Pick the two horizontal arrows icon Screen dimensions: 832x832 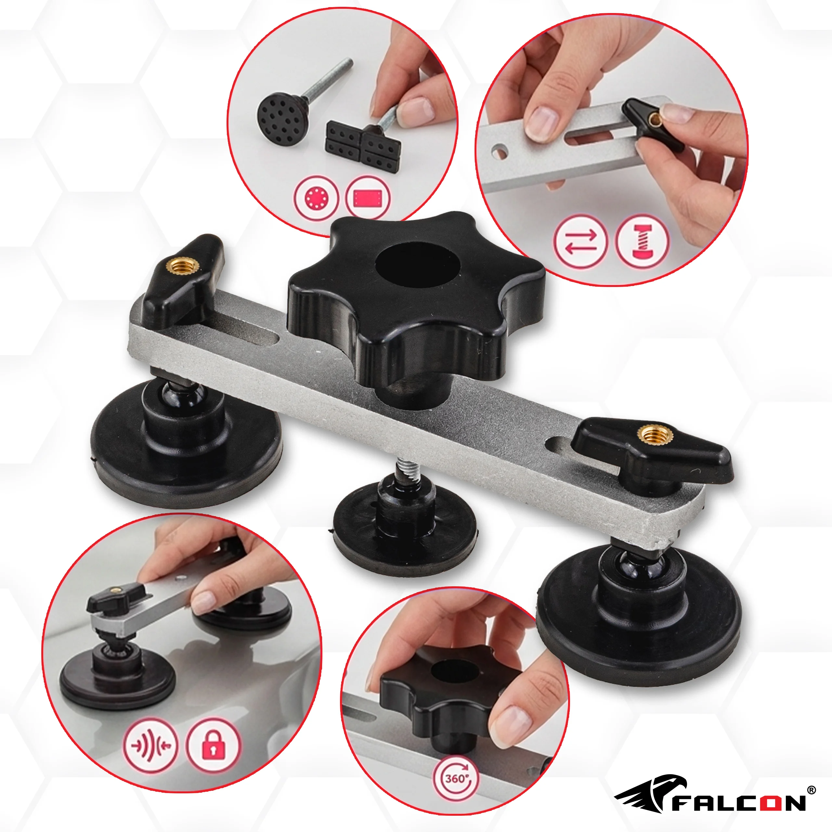pyautogui.click(x=580, y=241)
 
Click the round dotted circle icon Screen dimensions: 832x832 pyautogui.click(x=317, y=199)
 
